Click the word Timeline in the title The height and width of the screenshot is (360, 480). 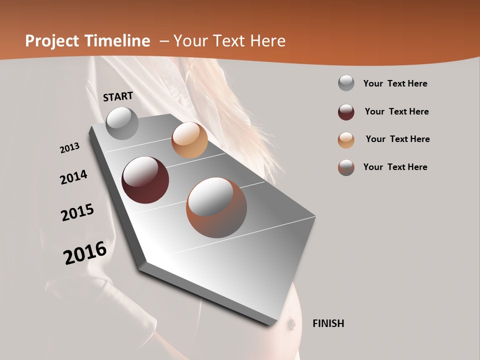coord(117,41)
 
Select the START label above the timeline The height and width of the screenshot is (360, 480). coord(118,96)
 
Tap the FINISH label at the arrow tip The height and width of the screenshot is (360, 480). coord(328,323)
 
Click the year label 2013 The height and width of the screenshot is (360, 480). coord(69,148)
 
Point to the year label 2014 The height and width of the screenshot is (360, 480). coord(73,177)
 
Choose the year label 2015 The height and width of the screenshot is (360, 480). coord(77,212)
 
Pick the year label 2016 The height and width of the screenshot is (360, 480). coord(85,252)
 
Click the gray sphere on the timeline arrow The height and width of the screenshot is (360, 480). coord(122,123)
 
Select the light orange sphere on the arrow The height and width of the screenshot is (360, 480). coord(189,140)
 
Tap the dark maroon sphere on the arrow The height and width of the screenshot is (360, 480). coord(145,180)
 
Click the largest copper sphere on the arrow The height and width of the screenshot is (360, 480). coord(216,207)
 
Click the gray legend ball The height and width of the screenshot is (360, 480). coord(346,83)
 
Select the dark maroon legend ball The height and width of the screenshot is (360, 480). coord(346,112)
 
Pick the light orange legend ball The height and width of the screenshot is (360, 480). coord(346,140)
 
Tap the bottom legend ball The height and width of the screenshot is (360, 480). coord(346,167)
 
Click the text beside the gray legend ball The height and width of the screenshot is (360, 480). coord(395,83)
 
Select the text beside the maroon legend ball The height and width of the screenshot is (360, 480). coord(396,111)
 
